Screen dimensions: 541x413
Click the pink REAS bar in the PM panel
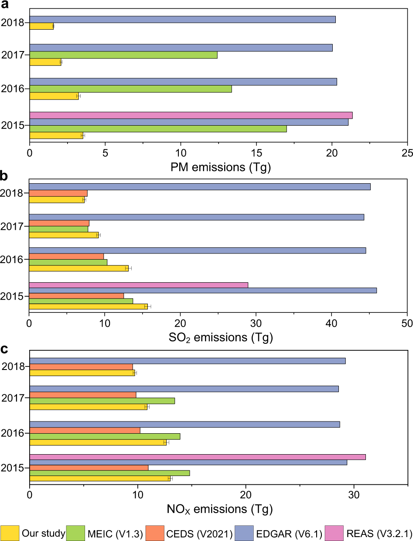(191, 115)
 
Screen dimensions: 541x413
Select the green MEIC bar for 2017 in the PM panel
(123, 55)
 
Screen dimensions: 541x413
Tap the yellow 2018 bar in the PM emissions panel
(41, 26)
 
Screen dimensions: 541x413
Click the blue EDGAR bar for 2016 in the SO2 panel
(197, 250)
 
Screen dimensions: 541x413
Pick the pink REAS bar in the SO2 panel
(138, 285)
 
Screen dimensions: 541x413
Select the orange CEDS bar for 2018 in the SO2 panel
(58, 193)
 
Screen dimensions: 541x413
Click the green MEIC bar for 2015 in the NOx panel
(109, 473)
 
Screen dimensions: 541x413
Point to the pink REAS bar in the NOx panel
(197, 457)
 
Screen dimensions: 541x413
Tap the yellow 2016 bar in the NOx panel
(98, 442)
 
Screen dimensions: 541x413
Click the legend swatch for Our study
(10, 533)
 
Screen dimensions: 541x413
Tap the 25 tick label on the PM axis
(407, 154)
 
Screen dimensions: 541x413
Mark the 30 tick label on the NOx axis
(354, 496)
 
